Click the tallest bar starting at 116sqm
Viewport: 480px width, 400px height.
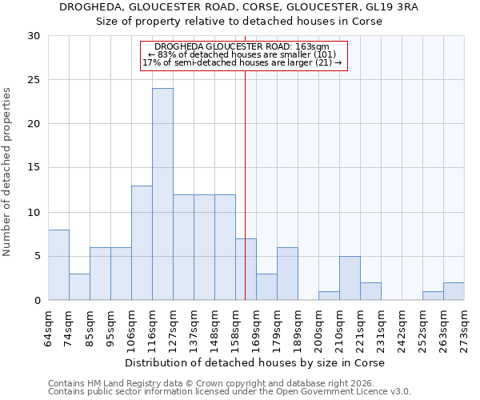pos(162,194)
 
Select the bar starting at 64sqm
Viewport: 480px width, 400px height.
pos(58,265)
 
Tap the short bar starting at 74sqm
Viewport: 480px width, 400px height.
pos(79,286)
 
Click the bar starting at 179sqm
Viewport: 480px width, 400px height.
pos(287,274)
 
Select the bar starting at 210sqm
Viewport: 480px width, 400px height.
pos(350,278)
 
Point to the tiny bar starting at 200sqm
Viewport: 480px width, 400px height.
pos(329,296)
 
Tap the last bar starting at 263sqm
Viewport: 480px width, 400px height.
pos(454,291)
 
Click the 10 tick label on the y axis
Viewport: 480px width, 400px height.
pos(34,212)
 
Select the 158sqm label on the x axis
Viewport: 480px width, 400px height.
pos(236,328)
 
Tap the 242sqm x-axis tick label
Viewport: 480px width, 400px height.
pos(402,328)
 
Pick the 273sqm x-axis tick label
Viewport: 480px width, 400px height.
pos(465,328)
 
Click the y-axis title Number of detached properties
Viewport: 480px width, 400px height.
pos(9,172)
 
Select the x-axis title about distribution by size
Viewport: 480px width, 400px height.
pos(255,362)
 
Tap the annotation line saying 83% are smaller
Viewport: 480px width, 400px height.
pos(244,54)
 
